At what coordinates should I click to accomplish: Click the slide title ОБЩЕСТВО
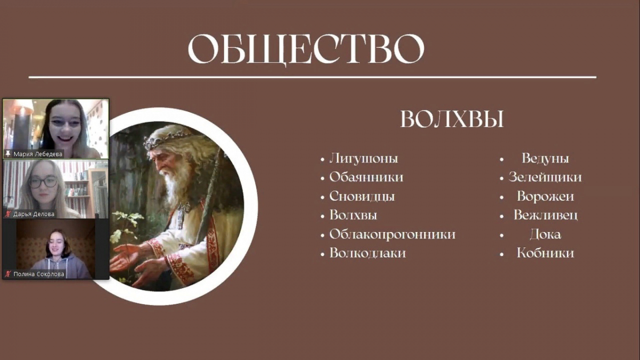[306, 49]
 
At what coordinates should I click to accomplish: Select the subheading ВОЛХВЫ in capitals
[452, 119]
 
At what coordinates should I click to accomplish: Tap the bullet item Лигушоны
[363, 158]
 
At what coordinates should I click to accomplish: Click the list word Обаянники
[366, 177]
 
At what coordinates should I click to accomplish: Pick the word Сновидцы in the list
[362, 197]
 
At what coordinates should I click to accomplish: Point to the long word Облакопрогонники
[393, 235]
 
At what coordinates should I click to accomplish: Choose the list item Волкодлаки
[367, 253]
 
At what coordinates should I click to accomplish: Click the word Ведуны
[545, 158]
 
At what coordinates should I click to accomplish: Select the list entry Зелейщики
[545, 178]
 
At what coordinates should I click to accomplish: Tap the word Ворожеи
[545, 197]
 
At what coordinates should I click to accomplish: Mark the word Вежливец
[546, 215]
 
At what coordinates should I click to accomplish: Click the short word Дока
[545, 235]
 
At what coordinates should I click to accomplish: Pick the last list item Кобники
[545, 253]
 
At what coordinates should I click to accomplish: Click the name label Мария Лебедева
[38, 154]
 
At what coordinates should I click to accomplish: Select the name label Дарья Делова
[34, 214]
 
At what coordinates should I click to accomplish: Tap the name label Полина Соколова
[39, 274]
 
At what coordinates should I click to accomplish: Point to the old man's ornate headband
[166, 139]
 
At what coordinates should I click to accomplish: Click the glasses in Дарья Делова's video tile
[43, 182]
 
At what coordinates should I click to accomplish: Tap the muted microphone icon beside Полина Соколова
[8, 274]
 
